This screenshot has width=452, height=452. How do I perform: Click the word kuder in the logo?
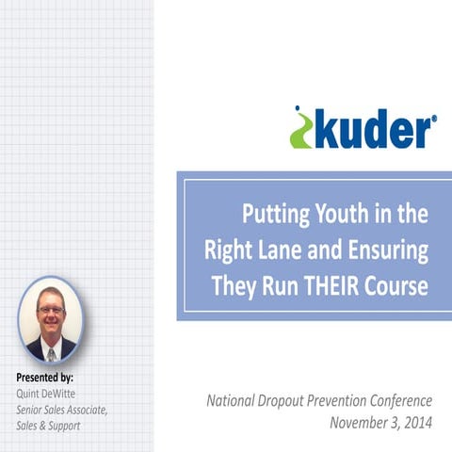(x=371, y=131)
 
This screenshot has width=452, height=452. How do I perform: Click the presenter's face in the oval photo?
(x=50, y=313)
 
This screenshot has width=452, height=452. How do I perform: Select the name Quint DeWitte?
(x=46, y=393)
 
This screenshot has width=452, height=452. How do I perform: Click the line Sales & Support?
(x=48, y=426)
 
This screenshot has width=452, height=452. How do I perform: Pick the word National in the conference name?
(x=234, y=400)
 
